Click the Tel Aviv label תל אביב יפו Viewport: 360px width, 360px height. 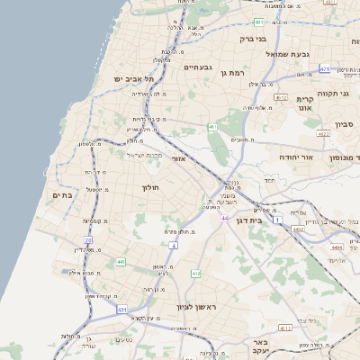[134, 79]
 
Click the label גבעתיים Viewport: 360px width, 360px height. [197, 67]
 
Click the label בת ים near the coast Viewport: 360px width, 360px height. [62, 195]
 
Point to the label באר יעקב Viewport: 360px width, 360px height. [260, 347]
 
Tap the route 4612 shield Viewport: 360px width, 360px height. [281, 97]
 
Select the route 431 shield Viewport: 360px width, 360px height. [121, 309]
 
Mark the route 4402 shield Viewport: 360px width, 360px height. [297, 229]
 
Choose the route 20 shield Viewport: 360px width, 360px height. [88, 239]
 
